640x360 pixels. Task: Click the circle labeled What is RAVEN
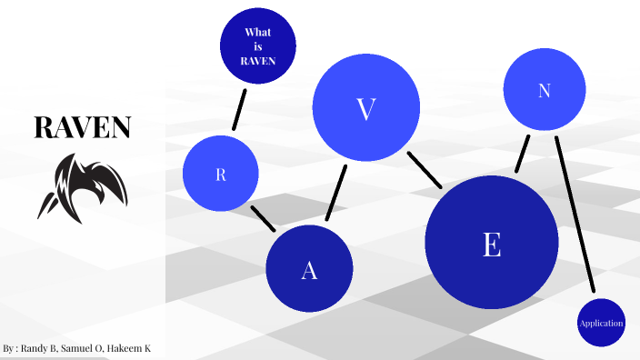pos(258,45)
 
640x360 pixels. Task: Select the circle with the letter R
pos(220,174)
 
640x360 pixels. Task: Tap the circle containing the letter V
pos(365,107)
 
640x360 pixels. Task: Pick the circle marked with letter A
pos(309,269)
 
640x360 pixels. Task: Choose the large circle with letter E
pos(491,243)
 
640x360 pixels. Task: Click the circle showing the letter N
pos(544,90)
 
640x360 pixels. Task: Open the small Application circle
pos(601,323)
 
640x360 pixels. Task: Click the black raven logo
pos(81,187)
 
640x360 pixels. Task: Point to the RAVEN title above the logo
pos(83,127)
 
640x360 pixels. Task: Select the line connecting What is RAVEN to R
pos(240,108)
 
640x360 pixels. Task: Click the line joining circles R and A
pos(263,218)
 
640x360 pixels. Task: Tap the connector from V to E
pos(425,170)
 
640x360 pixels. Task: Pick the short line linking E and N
pos(522,154)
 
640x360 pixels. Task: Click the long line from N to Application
pos(575,215)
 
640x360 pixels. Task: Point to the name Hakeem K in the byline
pos(135,348)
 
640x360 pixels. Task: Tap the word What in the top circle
pos(258,32)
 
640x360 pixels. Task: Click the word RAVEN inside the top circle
pos(258,61)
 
